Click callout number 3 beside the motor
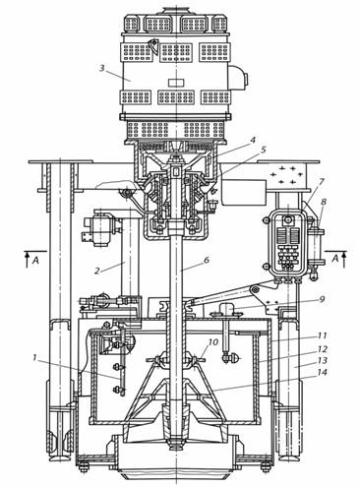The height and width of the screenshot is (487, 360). tap(102, 68)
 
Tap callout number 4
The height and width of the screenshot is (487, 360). tap(252, 140)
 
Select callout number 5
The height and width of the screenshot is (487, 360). tap(264, 150)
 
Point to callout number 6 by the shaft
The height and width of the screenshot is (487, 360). tap(207, 260)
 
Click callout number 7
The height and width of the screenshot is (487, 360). tap(322, 181)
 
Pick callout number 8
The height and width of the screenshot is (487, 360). tap(324, 203)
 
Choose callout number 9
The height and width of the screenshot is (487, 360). tap(322, 299)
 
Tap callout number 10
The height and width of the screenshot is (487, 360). tap(213, 342)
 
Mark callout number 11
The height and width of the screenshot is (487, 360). tap(323, 335)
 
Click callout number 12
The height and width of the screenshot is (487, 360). tap(323, 349)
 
